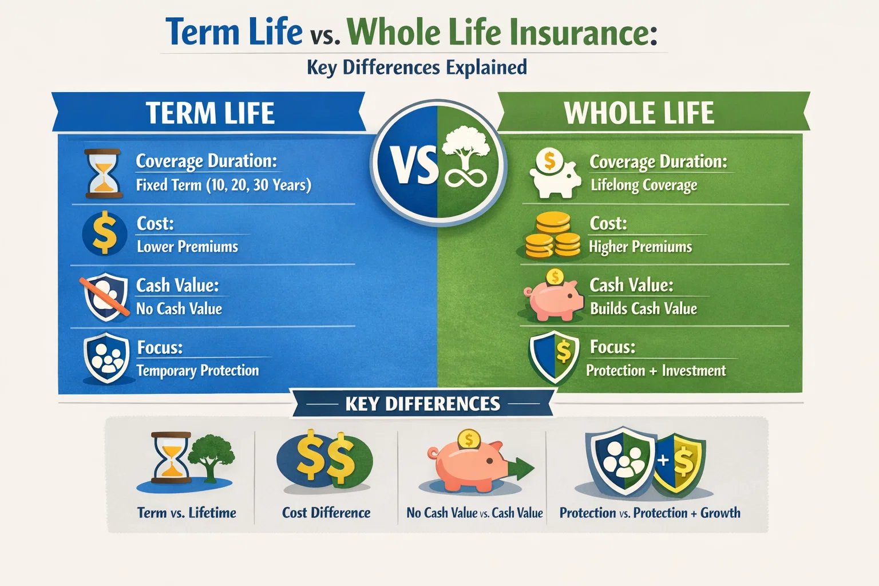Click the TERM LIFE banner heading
pyautogui.click(x=210, y=113)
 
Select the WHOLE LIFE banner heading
pyautogui.click(x=639, y=113)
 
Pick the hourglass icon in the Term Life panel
pyautogui.click(x=102, y=173)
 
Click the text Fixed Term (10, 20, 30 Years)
pyautogui.click(x=223, y=185)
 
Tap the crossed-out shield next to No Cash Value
pyautogui.click(x=105, y=296)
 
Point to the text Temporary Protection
pyautogui.click(x=197, y=371)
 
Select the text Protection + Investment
pyautogui.click(x=655, y=371)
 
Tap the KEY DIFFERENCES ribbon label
pyautogui.click(x=422, y=404)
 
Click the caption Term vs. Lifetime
pyautogui.click(x=187, y=513)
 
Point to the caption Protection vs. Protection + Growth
pyautogui.click(x=650, y=513)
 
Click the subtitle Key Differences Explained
pyautogui.click(x=417, y=68)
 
